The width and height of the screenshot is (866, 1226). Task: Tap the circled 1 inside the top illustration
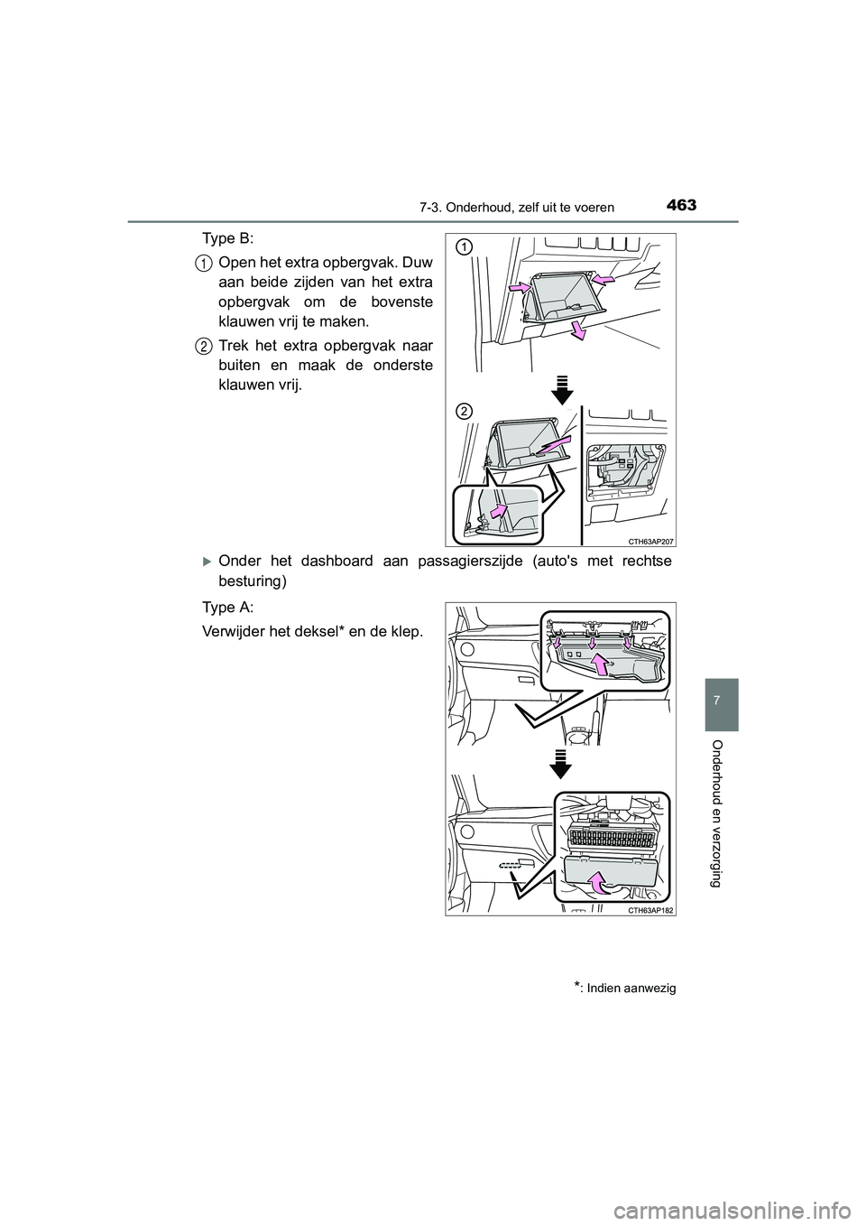click(x=464, y=246)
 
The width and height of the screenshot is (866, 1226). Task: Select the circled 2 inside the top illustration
click(x=464, y=412)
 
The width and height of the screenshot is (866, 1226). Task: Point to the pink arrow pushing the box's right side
click(x=606, y=283)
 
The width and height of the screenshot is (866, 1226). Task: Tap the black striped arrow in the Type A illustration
click(x=561, y=763)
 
